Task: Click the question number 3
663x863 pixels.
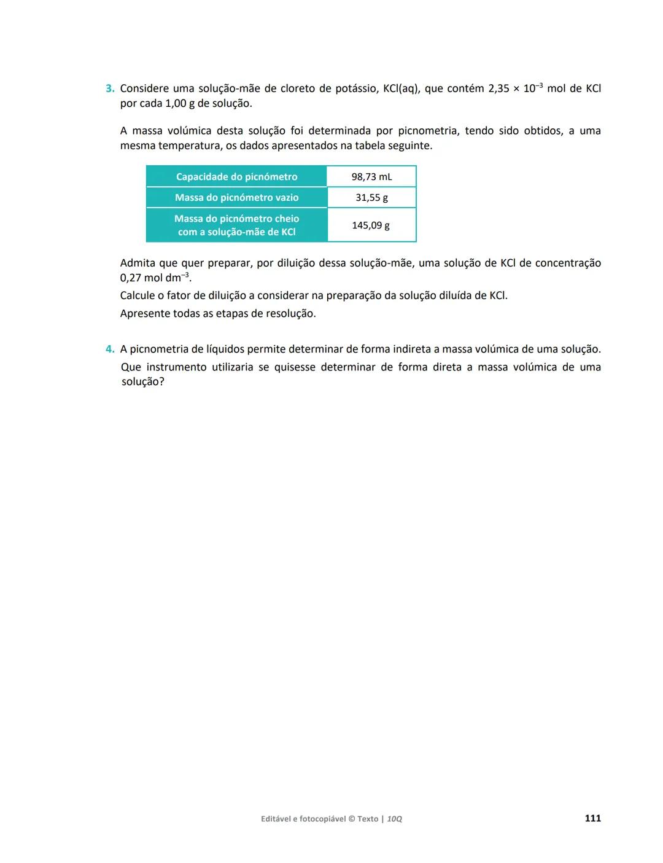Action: [110, 88]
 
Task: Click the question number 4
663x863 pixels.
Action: [110, 349]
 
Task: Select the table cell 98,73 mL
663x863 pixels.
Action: [371, 177]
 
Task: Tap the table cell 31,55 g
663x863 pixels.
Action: [371, 198]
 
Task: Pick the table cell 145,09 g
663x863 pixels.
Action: [371, 225]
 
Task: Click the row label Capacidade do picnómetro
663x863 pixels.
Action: [236, 177]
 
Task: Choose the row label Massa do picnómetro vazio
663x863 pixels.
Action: [236, 198]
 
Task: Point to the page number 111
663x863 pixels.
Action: [592, 818]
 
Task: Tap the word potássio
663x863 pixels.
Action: [355, 88]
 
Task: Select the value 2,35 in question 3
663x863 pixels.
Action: [498, 88]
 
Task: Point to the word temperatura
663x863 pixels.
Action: [188, 146]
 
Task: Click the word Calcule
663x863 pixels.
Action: [139, 295]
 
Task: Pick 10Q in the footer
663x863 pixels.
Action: [394, 819]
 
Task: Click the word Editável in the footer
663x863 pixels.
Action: [277, 819]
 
